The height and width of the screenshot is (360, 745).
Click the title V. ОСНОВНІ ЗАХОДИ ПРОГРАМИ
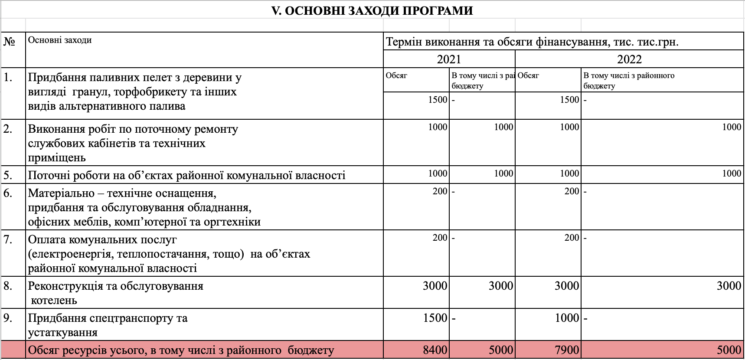pyautogui.click(x=372, y=10)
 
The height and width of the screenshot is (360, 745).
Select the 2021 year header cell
pyautogui.click(x=449, y=59)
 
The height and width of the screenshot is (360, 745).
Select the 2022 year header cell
pyautogui.click(x=629, y=59)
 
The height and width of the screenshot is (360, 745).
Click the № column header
pyautogui.click(x=9, y=42)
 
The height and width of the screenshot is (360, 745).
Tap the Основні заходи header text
pyautogui.click(x=60, y=40)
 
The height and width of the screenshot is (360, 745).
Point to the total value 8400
pyautogui.click(x=435, y=350)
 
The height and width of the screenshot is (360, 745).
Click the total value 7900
pyautogui.click(x=567, y=350)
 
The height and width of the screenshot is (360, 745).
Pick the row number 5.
pyautogui.click(x=8, y=175)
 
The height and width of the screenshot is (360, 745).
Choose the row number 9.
pyautogui.click(x=8, y=318)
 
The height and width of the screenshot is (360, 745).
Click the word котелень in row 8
pyautogui.click(x=54, y=300)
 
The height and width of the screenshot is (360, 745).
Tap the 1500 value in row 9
pyautogui.click(x=435, y=318)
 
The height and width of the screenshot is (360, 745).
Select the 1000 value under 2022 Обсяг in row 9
pyautogui.click(x=567, y=318)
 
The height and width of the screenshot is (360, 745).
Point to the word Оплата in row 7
pyautogui.click(x=46, y=240)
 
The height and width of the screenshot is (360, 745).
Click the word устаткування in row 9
pyautogui.click(x=63, y=333)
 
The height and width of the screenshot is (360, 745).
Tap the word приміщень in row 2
pyautogui.click(x=57, y=158)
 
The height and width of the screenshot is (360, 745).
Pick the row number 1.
pyautogui.click(x=8, y=77)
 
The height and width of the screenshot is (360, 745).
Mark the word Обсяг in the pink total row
pyautogui.click(x=43, y=350)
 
